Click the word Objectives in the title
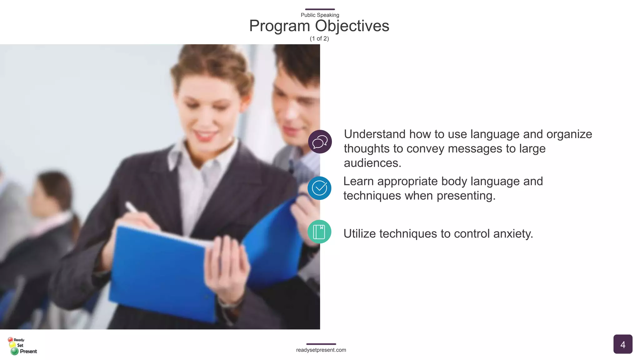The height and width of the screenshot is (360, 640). pos(352,26)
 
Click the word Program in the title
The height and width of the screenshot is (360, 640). pos(279,26)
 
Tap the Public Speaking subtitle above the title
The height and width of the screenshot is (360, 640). pos(320,15)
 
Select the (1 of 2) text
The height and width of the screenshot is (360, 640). pos(319,38)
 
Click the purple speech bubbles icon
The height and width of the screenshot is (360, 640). pos(320,142)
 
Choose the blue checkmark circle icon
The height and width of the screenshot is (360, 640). pos(319,188)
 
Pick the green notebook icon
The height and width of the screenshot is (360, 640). pos(319,232)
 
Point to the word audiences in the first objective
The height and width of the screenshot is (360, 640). pos(372,163)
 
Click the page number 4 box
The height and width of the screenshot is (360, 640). pos(622,344)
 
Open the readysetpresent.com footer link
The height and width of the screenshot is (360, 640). pos(321,350)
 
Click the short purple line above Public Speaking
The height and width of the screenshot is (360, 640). pos(320,9)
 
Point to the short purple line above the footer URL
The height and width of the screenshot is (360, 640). pos(321,344)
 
